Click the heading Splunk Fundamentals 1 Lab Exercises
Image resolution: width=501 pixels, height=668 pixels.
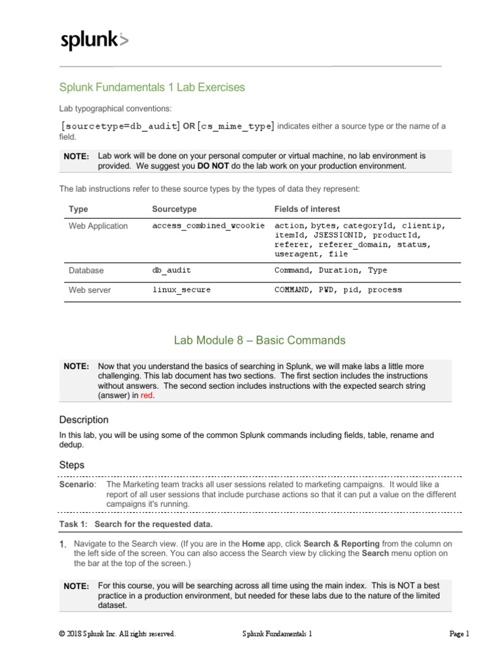coord(152,87)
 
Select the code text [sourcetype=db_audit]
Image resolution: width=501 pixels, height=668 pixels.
coord(121,126)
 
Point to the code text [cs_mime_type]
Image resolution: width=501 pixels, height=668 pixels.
coord(236,126)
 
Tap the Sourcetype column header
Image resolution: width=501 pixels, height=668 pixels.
coord(174,209)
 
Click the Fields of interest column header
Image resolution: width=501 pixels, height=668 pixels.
coord(307,209)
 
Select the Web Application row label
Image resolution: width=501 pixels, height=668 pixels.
coord(99,226)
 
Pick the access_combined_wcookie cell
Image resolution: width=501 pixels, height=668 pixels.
coord(208,226)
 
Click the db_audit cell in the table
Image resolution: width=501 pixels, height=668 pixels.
coord(172,270)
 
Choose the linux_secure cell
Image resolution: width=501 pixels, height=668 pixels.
coord(181,290)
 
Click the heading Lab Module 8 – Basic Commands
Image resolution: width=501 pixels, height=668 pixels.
coord(260,340)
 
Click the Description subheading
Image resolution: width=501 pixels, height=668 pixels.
coord(84,419)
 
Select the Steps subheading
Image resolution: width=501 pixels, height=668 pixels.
coord(72,465)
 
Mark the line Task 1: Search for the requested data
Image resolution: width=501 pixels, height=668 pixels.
coord(136,524)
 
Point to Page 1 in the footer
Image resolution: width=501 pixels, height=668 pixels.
coord(459,633)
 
